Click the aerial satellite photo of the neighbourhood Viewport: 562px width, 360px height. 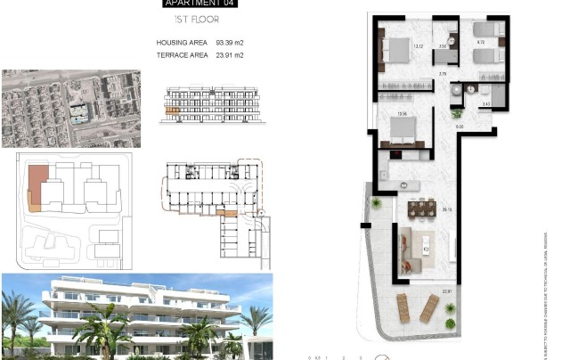(x=70, y=108)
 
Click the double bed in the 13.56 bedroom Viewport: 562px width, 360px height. (x=402, y=134)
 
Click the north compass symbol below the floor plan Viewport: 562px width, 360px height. (x=381, y=356)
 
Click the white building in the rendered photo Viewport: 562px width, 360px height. (x=134, y=307)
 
